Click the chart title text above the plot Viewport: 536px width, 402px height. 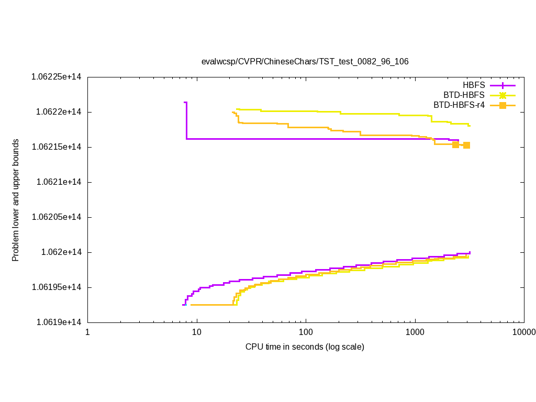(305, 61)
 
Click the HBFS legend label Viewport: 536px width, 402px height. (474, 85)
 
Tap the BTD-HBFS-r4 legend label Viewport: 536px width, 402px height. (459, 105)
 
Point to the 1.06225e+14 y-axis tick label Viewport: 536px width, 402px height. (57, 77)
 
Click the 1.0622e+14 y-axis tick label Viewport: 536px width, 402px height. (59, 112)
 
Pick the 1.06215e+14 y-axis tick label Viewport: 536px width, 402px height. (57, 147)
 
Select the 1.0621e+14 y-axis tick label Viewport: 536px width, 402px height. (59, 182)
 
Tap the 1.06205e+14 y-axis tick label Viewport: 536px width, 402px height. (57, 217)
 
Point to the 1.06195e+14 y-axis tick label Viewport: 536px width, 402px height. (57, 287)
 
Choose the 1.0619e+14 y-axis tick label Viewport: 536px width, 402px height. (59, 322)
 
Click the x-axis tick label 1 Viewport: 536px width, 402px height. (87, 332)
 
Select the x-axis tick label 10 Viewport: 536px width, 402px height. (197, 332)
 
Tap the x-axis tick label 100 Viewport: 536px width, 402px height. (306, 332)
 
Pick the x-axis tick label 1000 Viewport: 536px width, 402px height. (415, 332)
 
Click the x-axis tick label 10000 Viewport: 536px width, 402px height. (524, 332)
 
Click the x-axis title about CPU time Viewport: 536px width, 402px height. (305, 347)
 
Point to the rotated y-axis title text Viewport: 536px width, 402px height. (16, 200)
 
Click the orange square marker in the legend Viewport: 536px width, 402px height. (502, 105)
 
